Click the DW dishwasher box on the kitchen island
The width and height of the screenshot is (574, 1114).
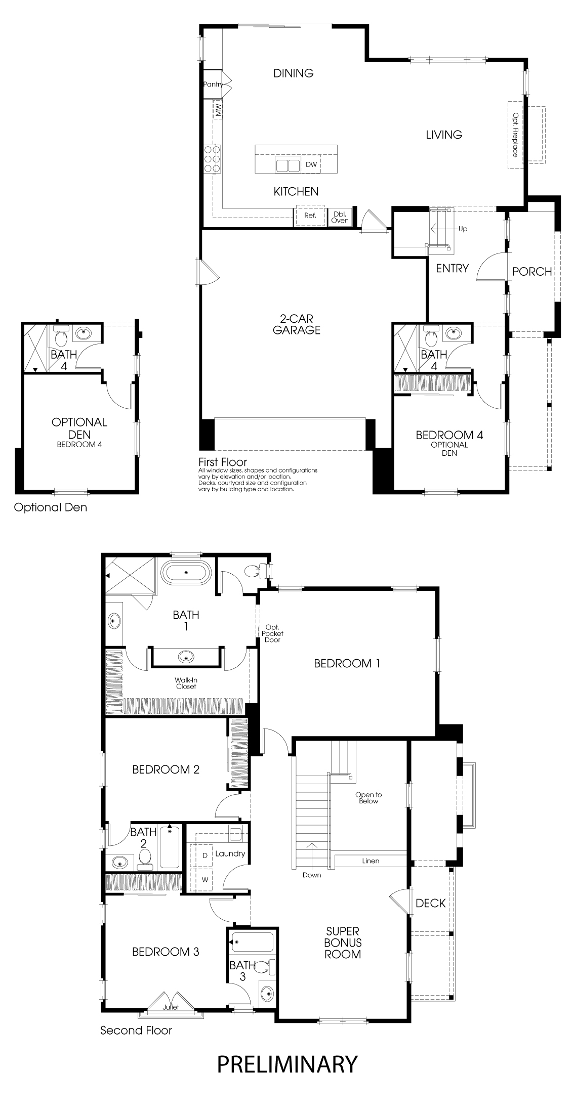(x=311, y=164)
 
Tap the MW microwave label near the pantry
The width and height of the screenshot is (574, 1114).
(x=219, y=109)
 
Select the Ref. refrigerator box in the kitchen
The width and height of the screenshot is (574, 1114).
(x=310, y=216)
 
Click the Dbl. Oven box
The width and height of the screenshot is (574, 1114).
(x=340, y=217)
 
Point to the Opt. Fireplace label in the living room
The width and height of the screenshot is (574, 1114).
(x=515, y=135)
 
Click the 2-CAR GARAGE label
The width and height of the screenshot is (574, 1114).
(x=297, y=324)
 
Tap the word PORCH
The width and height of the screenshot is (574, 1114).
(x=531, y=272)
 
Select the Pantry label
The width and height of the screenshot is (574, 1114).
(x=213, y=84)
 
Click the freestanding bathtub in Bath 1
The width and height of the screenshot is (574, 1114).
(x=186, y=572)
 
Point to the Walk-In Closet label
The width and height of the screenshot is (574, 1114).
(x=186, y=683)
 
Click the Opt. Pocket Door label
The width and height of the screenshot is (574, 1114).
(x=272, y=633)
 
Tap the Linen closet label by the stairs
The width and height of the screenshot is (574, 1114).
(x=371, y=861)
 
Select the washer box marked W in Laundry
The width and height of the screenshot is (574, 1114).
(x=205, y=879)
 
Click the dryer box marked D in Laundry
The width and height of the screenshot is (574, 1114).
(x=205, y=855)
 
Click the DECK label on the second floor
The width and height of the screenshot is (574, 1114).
(x=430, y=903)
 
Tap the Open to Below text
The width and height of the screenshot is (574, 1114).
(x=368, y=798)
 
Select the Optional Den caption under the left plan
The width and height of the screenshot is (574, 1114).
(x=50, y=507)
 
